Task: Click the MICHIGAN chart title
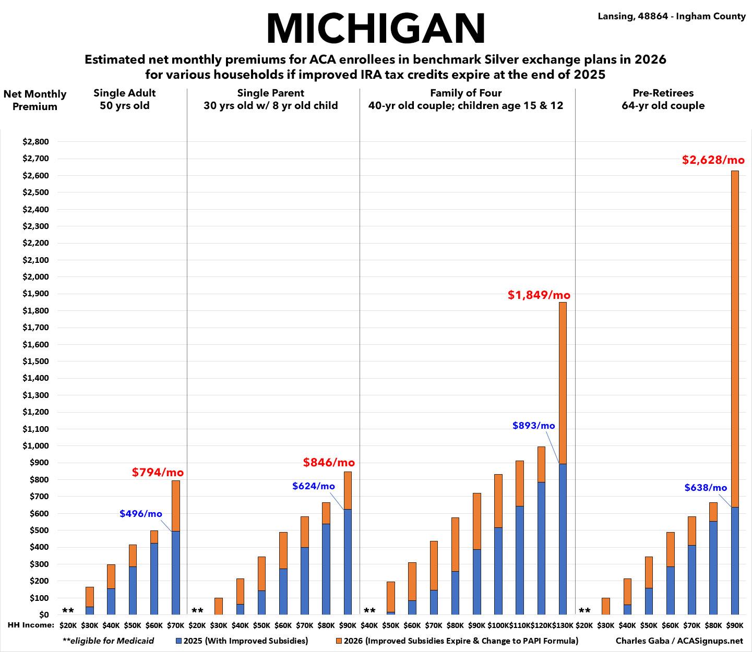point(376,28)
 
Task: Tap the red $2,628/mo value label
point(713,160)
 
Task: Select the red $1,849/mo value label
point(539,295)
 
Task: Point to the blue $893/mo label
point(533,425)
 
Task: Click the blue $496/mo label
point(141,513)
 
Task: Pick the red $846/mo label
point(329,462)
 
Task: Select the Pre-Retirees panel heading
point(663,99)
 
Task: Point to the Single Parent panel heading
point(270,99)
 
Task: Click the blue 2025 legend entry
point(242,641)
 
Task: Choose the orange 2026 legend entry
point(457,641)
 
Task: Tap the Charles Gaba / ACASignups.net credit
point(679,641)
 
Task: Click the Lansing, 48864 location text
point(672,16)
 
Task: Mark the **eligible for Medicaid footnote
point(108,641)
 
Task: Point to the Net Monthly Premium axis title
point(35,100)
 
